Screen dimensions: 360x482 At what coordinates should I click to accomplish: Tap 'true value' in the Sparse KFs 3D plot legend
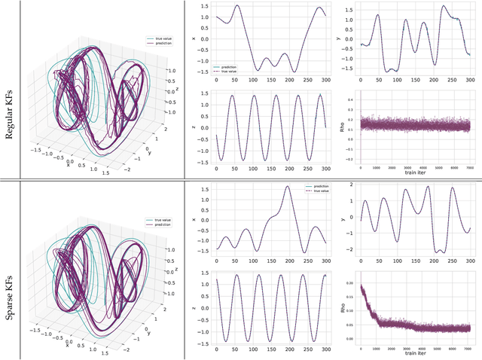tap(160, 219)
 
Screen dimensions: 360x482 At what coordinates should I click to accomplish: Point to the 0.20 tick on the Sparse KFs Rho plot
tap(348, 282)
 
